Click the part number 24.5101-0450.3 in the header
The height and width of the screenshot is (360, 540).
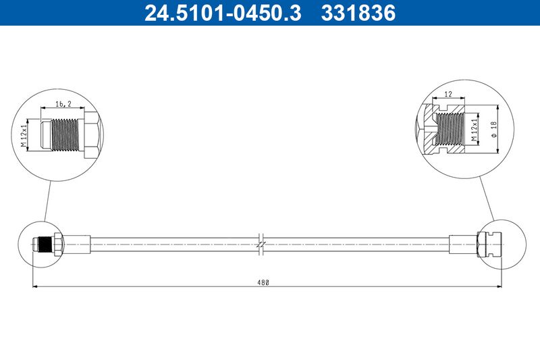223,13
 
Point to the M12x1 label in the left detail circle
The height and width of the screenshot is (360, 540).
24,135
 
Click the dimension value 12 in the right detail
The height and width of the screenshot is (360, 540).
448,95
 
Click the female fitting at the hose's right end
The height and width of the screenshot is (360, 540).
489,243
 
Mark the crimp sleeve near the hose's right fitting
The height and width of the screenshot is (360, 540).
463,243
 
